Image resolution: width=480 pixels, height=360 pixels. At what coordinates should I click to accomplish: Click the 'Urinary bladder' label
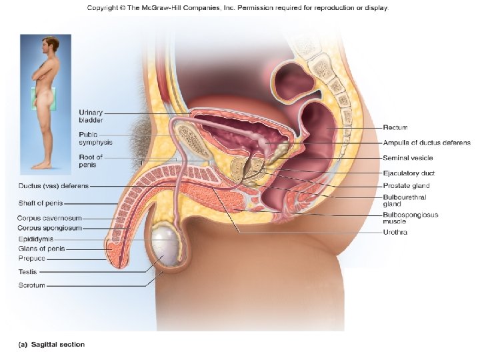(91, 116)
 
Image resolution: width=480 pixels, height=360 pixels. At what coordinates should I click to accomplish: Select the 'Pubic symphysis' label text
(95, 138)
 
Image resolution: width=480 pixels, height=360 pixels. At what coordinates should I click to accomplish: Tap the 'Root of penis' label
(91, 161)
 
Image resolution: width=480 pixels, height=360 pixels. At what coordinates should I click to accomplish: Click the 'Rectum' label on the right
(395, 127)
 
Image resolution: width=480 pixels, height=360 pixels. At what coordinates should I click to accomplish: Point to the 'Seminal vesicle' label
(407, 158)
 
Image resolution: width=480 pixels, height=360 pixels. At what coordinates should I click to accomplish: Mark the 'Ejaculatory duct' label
(408, 173)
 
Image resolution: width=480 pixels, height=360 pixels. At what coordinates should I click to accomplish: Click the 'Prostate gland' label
(406, 185)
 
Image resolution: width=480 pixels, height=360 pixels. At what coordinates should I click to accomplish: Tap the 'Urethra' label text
(395, 232)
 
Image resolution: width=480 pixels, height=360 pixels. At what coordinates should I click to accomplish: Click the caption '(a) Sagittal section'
(51, 345)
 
